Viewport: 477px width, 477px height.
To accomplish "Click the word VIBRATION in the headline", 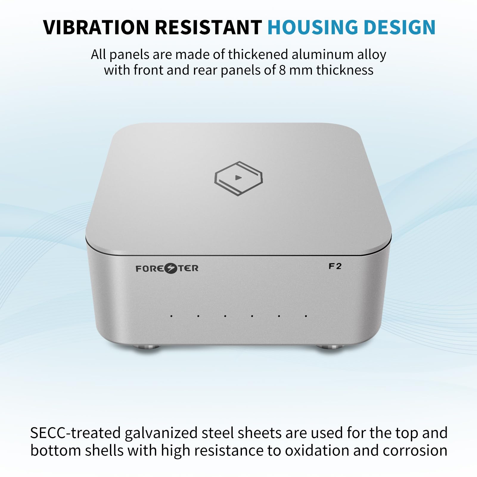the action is pos(96,27).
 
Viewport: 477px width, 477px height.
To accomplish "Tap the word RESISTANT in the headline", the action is pos(208,27).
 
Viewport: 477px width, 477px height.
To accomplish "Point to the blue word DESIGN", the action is pos(400,27).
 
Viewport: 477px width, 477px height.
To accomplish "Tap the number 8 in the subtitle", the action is pos(282,70).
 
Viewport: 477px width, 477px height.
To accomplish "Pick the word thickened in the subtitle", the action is pos(258,55).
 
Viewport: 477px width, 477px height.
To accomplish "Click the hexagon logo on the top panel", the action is pos(238,178).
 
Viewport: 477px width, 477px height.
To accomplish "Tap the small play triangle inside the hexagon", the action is pos(238,178).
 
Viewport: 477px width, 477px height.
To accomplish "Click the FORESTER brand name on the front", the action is pos(167,268).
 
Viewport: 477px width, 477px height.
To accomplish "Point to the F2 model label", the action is pos(335,266).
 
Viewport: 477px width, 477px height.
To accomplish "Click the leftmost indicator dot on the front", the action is pos(171,316).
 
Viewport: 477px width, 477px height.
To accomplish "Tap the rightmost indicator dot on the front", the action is pos(306,316).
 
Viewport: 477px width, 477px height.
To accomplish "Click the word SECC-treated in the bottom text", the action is pos(75,433).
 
